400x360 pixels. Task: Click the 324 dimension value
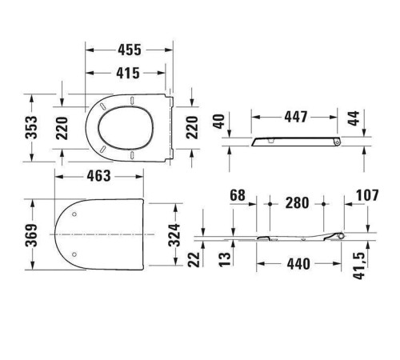(x=178, y=234)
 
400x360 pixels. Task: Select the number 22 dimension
(x=194, y=258)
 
